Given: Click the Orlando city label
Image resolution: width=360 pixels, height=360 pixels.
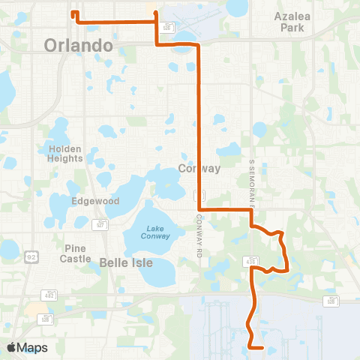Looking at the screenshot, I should coord(78,45).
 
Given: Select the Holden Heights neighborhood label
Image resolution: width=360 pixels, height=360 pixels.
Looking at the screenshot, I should coord(64,153).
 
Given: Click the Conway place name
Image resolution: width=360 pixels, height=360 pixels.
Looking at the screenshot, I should coord(199,168).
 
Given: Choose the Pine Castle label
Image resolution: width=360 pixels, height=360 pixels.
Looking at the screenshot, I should coord(76,253).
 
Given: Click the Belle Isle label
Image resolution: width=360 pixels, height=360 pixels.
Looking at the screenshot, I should coord(126,262).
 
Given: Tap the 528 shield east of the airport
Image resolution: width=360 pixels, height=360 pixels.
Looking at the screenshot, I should coord(330,301).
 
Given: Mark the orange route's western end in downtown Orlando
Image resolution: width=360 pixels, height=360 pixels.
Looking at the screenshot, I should coord(72,12).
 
